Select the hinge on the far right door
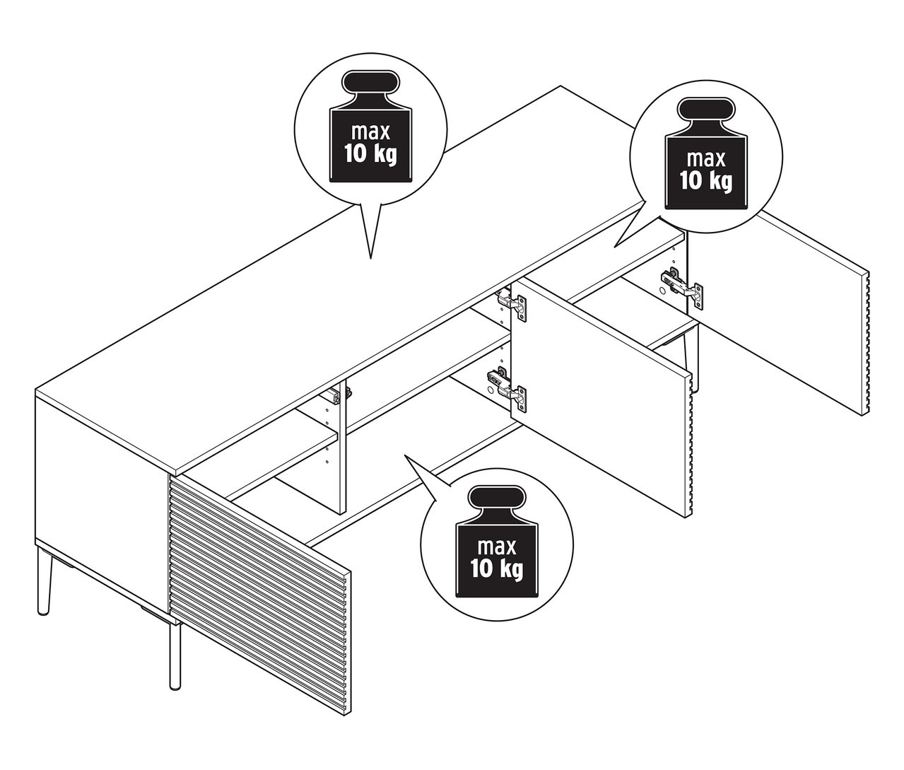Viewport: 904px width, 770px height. [x=682, y=286]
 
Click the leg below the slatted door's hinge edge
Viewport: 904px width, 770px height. [x=174, y=651]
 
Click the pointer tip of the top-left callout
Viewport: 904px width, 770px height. [x=370, y=257]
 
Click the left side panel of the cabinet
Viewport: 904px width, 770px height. [x=99, y=495]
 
